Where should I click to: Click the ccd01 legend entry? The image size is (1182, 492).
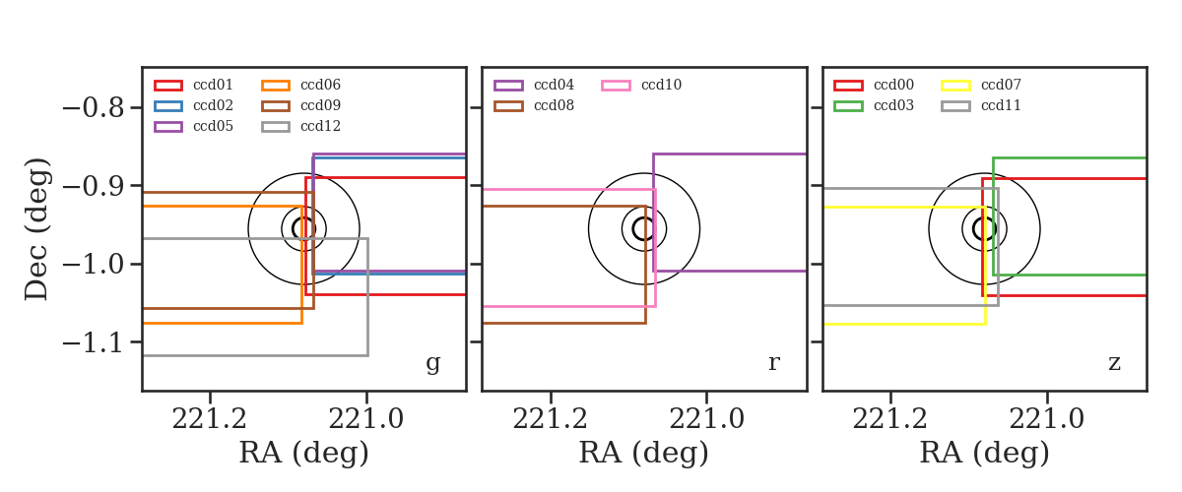point(193,85)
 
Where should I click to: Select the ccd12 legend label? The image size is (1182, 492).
point(320,127)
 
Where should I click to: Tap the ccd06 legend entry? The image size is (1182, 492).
point(300,85)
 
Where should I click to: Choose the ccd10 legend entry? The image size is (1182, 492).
point(641,85)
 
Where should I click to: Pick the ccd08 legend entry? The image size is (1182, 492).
point(534,105)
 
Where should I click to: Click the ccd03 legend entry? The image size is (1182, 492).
point(874,105)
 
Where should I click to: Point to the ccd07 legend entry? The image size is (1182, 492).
point(981,85)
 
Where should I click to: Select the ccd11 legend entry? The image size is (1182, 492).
point(981,105)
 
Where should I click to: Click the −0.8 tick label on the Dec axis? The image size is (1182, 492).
point(94,108)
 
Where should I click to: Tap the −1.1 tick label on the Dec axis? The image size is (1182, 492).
point(94,342)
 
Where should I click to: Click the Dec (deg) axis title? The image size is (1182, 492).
point(37,229)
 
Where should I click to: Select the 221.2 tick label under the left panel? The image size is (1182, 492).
point(210,419)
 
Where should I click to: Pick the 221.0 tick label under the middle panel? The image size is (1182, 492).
point(706,419)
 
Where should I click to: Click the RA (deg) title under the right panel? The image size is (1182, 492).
point(985,454)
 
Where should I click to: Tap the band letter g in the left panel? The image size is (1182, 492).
point(433,363)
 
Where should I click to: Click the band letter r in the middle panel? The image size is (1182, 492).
point(774,362)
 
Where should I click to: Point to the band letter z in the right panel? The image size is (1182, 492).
point(1114,363)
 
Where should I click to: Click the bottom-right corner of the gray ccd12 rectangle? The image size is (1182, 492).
point(367,355)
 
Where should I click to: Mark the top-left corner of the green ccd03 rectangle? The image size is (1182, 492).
point(993,157)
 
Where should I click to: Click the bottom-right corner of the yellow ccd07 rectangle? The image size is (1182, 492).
point(986,324)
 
